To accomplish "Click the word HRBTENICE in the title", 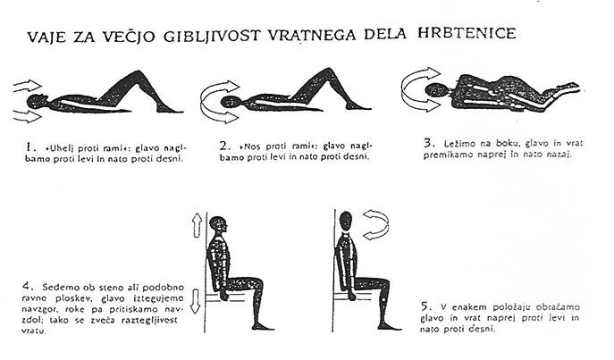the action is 467,33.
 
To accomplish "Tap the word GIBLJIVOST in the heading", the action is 212,36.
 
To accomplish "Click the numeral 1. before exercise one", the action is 31,147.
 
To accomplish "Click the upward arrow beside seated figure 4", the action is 197,225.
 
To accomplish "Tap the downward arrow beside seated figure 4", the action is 195,301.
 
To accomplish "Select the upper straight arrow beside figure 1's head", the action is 28,86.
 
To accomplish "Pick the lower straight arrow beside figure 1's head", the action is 28,116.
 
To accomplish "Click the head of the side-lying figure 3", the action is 435,90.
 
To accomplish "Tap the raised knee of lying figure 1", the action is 138,75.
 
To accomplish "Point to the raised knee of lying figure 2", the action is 328,72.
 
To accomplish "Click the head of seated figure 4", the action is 218,224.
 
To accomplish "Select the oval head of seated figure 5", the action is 346,221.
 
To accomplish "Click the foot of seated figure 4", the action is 263,326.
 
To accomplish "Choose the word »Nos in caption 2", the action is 250,147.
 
